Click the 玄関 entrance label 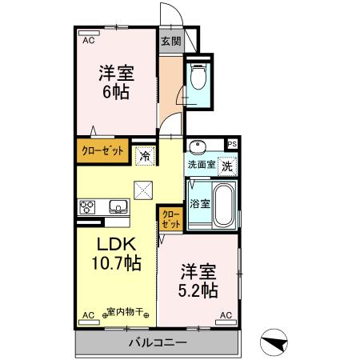click(170, 40)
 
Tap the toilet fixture click(199, 78)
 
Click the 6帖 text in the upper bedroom click(116, 90)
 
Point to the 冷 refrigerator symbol click(145, 155)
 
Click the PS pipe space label click(233, 144)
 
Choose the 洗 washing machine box click(228, 166)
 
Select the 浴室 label click(200, 204)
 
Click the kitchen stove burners click(87, 207)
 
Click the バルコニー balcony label click(158, 343)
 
